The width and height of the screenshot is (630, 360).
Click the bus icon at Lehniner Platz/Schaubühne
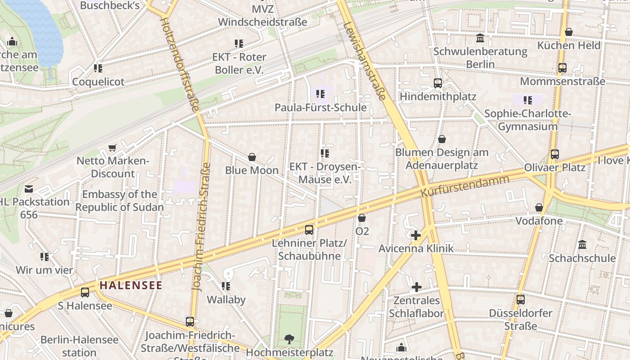[309, 230]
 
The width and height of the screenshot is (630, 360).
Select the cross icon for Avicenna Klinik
[416, 235]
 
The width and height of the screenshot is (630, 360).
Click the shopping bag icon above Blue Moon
[252, 157]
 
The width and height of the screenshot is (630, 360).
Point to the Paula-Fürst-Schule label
[320, 108]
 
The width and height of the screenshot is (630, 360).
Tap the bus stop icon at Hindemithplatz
[437, 83]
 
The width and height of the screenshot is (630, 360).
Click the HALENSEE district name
[130, 285]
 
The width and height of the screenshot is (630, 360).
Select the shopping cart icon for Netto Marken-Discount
[112, 148]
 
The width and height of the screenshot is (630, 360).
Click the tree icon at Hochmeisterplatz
[289, 339]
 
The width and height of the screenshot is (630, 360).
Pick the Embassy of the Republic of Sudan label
[120, 201]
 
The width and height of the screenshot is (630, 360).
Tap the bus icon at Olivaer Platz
[554, 154]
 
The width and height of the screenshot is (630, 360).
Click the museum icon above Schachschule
[582, 245]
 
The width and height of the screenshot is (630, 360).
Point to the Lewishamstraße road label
[364, 61]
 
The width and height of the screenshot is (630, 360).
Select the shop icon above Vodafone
[539, 207]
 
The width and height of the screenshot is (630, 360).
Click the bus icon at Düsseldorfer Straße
[521, 300]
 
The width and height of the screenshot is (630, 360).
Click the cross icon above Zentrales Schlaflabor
[417, 287]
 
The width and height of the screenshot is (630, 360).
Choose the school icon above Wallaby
[226, 286]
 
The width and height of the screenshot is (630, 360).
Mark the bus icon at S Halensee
[85, 292]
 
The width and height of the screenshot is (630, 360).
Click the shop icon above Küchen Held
[569, 32]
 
